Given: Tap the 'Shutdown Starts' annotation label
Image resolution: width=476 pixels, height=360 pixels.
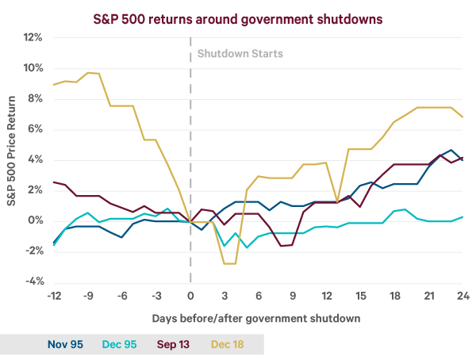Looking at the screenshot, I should coord(240,54).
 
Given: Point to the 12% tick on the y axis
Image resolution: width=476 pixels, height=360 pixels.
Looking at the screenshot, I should coord(32,37).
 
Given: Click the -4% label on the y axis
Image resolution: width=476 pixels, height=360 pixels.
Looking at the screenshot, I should coord(32,281).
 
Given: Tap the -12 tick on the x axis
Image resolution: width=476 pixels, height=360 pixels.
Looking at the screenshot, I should coord(54,296).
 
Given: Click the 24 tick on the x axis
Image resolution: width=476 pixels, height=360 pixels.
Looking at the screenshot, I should coord(463,296).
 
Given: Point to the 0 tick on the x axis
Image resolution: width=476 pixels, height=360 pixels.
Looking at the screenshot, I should coord(190,296).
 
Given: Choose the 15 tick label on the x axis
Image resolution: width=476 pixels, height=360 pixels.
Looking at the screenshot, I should coord(361,296).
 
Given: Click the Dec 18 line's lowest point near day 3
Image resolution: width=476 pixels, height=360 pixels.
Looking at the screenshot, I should coord(230,263).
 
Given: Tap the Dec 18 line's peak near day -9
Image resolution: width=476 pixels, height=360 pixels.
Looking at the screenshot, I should coord(89,72).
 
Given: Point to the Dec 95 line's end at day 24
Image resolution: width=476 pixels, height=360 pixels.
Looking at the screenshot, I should coord(463,216).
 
